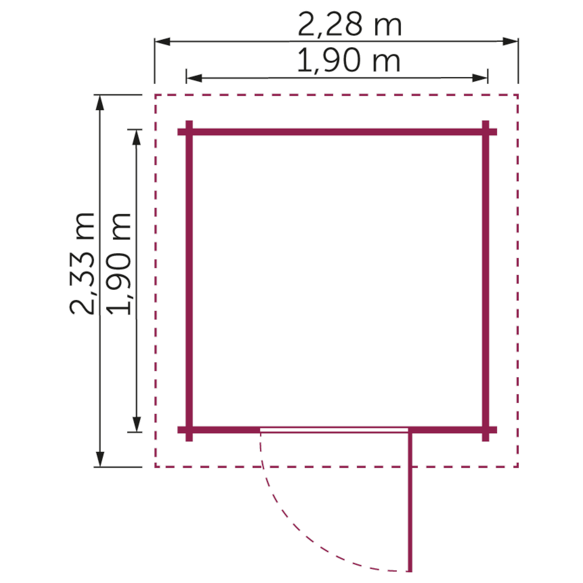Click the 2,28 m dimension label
tap(350, 24)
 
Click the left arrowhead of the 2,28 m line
tap(162, 42)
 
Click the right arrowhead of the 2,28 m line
tap(511, 41)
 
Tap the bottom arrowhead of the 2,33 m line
tap(100, 459)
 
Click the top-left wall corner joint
tap(189, 132)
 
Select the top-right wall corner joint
tap(486, 132)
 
